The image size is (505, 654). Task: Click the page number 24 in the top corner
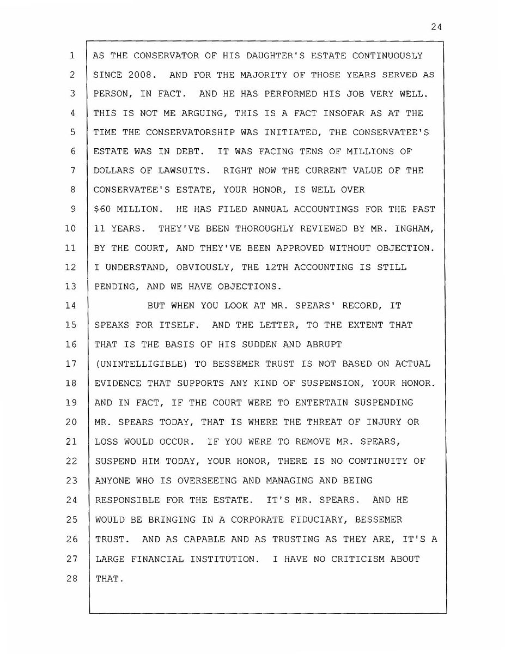pos(435,27)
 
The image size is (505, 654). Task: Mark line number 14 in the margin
pos(71,306)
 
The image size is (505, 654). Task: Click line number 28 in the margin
pos(71,578)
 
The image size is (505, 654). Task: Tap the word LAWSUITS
pos(184,171)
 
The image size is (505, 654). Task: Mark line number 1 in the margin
pos(71,56)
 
